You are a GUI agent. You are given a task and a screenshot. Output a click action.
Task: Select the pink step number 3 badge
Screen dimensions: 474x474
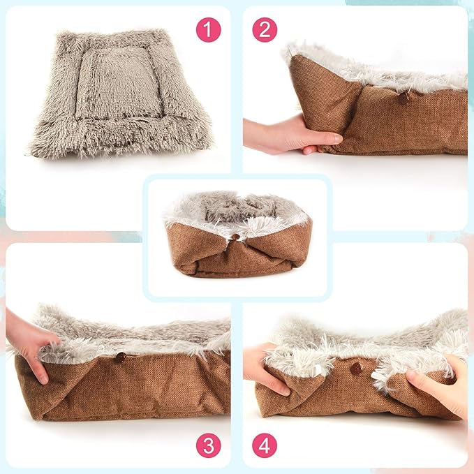(x=208, y=444)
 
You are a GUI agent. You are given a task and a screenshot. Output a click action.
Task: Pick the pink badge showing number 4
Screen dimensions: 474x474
(x=265, y=444)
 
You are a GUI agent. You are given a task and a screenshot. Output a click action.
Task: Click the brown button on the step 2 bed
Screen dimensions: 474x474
(x=403, y=98)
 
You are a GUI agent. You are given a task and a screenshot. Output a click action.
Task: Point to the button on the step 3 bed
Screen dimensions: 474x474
(x=120, y=357)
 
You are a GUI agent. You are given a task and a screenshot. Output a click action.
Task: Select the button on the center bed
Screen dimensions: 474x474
(x=236, y=237)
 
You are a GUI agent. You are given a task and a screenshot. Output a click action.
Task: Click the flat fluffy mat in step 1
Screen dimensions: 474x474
(x=119, y=94)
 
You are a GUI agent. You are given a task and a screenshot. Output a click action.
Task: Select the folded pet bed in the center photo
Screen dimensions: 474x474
(x=237, y=237)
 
